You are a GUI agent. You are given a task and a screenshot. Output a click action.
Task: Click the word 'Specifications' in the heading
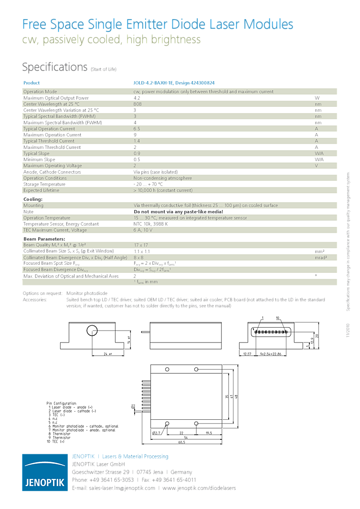[x=55, y=67]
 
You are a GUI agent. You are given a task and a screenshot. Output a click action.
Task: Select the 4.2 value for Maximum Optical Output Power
[x=137, y=98]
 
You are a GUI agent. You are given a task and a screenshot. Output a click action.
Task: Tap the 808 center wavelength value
[x=138, y=104]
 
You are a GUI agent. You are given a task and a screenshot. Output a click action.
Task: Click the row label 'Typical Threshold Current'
[x=49, y=141]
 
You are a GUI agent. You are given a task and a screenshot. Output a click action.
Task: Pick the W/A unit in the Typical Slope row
[x=318, y=154]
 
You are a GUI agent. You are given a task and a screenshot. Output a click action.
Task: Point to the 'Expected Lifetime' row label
[x=42, y=190]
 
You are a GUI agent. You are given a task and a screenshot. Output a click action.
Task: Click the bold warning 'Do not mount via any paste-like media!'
[x=178, y=211]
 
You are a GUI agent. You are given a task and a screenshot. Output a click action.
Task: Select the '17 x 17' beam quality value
[x=141, y=245]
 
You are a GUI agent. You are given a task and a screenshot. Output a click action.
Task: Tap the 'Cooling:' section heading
[x=33, y=199]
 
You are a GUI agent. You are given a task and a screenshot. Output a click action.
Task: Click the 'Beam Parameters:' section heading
[x=44, y=239]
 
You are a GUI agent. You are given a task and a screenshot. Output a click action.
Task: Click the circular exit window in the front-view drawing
[x=92, y=331]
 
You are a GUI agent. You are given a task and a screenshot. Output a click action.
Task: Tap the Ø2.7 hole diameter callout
[x=158, y=433]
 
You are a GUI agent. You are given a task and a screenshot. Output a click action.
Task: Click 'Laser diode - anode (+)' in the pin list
[x=73, y=407]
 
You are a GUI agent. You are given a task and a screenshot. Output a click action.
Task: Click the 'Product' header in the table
[x=32, y=83]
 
